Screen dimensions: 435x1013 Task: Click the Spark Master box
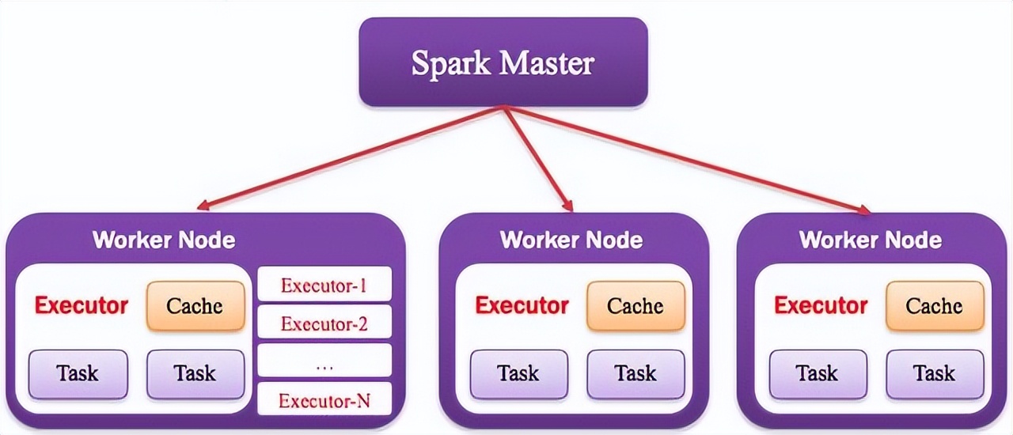click(x=503, y=62)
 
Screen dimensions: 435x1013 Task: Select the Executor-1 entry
click(x=324, y=285)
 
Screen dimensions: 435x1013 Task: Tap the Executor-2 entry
click(x=324, y=323)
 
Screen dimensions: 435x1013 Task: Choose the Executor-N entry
click(x=324, y=401)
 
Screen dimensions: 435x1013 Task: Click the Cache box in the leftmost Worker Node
click(x=195, y=306)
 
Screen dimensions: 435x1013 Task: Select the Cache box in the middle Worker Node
click(x=635, y=306)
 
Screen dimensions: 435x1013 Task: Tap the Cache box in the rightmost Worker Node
click(x=934, y=306)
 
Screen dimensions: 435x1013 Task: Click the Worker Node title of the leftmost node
click(x=164, y=240)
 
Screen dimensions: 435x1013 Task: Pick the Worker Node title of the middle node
click(x=571, y=240)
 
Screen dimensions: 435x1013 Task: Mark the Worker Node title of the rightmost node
click(x=870, y=240)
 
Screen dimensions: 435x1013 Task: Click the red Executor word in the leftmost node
click(x=81, y=305)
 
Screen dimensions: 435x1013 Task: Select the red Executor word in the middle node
click(x=522, y=305)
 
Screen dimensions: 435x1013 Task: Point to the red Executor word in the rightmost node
click(x=821, y=305)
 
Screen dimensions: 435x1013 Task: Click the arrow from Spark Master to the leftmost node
click(x=348, y=159)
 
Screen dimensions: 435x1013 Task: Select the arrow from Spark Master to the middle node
click(x=538, y=159)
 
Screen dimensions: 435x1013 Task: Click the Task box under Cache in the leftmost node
click(x=195, y=373)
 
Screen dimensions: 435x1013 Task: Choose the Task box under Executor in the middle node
click(x=519, y=373)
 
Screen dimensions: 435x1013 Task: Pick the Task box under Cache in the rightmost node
click(x=935, y=373)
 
